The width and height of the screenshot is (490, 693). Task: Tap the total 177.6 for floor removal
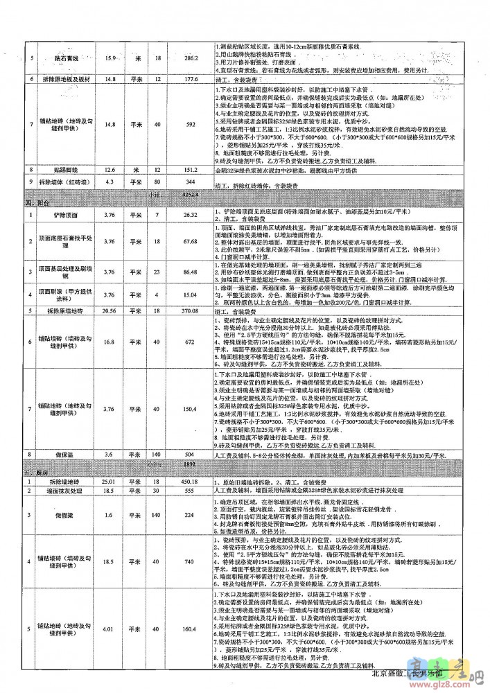tap(191, 80)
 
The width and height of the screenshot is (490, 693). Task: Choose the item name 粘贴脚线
tap(67, 169)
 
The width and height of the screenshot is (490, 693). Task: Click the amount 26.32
tap(191, 215)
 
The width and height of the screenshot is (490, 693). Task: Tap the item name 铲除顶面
tap(67, 215)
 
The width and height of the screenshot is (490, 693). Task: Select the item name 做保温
tap(67, 455)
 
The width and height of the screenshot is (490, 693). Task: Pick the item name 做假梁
tap(67, 516)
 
